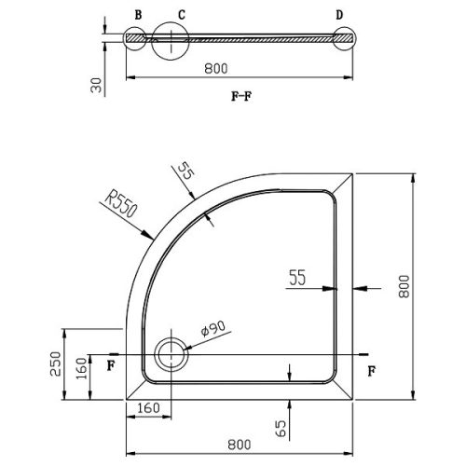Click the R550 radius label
coord(120,205)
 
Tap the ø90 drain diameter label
coord(213,329)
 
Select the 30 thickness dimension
coord(96,85)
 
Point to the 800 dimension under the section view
coord(216,69)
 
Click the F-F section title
coord(241,97)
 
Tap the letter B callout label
coord(138,15)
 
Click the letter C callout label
coord(182,15)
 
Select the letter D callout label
coord(339,15)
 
